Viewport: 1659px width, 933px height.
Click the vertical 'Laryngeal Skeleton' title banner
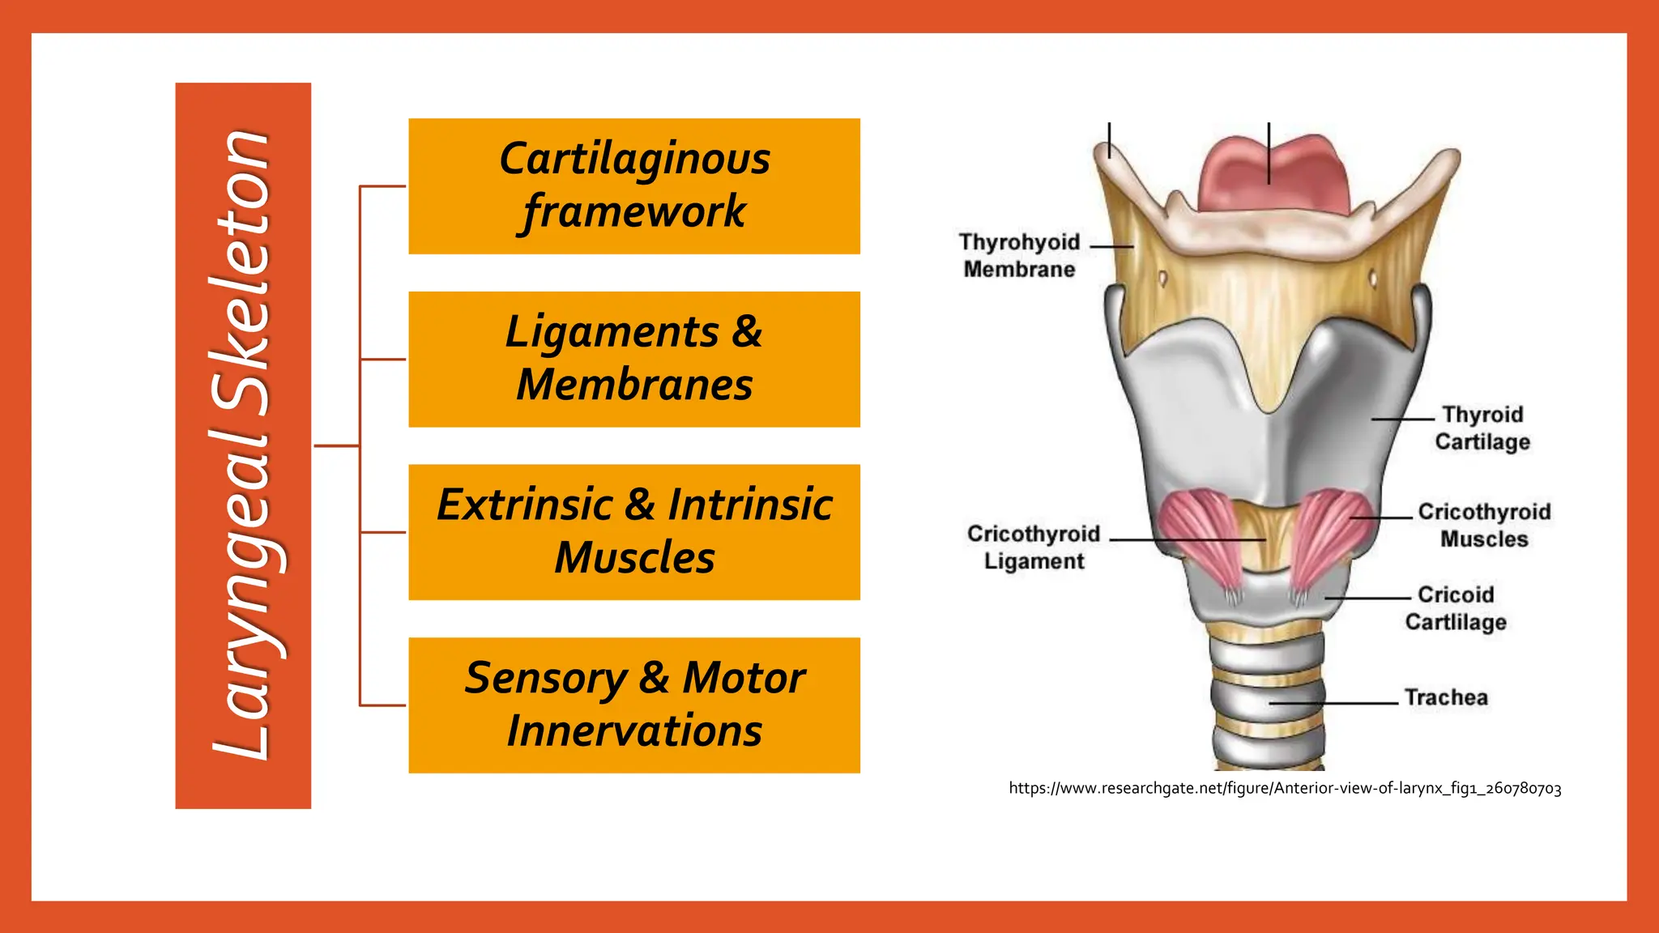tap(243, 445)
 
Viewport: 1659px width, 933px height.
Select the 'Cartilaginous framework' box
tap(633, 185)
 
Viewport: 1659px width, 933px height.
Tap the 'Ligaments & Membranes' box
tap(633, 359)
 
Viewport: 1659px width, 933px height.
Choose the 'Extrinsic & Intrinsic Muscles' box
tap(633, 531)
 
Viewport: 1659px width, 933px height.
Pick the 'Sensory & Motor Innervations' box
tap(633, 705)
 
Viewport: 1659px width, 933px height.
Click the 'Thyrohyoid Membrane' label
tap(1019, 256)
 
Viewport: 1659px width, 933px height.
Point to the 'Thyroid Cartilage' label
tap(1482, 428)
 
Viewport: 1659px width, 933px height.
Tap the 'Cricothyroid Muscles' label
tap(1484, 526)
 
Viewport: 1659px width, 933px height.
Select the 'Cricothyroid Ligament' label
tap(1034, 547)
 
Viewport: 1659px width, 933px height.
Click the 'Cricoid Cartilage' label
tap(1456, 608)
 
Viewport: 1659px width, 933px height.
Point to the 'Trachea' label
tap(1446, 697)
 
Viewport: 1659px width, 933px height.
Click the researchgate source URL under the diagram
tap(1285, 788)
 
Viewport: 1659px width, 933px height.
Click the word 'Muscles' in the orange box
tap(634, 558)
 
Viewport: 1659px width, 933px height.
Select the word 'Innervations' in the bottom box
tap(634, 731)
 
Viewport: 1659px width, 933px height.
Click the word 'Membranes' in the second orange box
tap(634, 386)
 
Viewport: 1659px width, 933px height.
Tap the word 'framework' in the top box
tap(634, 212)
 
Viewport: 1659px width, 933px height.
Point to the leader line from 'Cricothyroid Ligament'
tap(1187, 539)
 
